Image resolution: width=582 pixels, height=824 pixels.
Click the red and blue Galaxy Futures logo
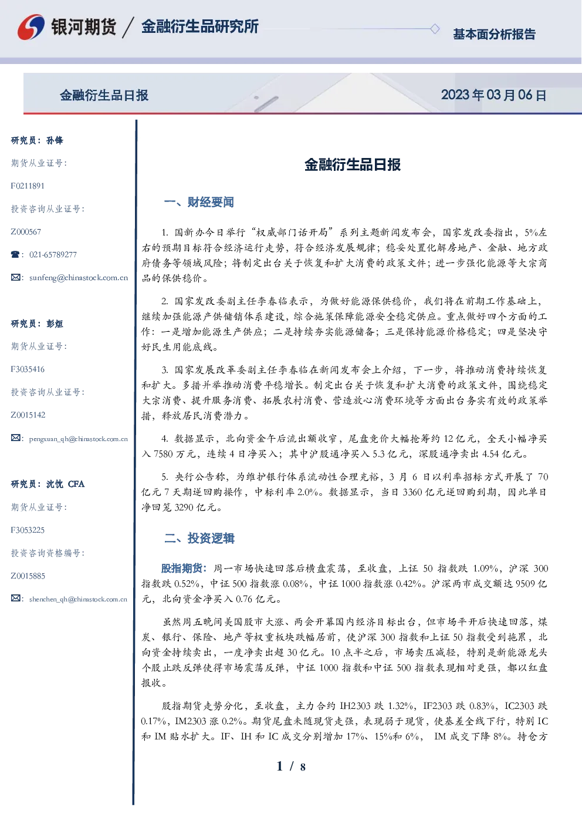pos(31,27)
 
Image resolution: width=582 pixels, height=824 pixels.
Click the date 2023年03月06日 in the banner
pos(493,95)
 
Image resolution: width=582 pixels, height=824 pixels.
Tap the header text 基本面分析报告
pos(494,34)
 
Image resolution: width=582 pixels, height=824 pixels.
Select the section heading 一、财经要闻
pos(199,202)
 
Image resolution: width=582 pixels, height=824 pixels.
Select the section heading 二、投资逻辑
pos(199,538)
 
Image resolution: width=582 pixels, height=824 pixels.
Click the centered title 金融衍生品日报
pos(353,164)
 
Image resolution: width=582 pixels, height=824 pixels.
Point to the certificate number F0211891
pos(28,186)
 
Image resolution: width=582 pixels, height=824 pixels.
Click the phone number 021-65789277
pos(53,254)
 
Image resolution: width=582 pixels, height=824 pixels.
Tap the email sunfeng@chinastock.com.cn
pos(79,278)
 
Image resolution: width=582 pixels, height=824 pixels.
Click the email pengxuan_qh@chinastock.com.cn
pos(78,439)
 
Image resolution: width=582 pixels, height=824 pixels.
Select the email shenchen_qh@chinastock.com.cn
pos(78,599)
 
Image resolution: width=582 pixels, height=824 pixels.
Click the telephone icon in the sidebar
pos(15,254)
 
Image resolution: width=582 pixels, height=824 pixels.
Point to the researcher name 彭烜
pos(55,324)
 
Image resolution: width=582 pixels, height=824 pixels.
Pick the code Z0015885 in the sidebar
pos(28,576)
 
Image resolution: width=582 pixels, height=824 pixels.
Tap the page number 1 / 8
pos(291,766)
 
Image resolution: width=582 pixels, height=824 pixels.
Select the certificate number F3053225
pos(28,530)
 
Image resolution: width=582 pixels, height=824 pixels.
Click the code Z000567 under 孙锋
pos(26,232)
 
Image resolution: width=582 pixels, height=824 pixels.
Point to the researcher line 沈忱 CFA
pos(48,484)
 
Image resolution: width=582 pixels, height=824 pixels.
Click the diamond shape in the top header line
pos(435,29)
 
